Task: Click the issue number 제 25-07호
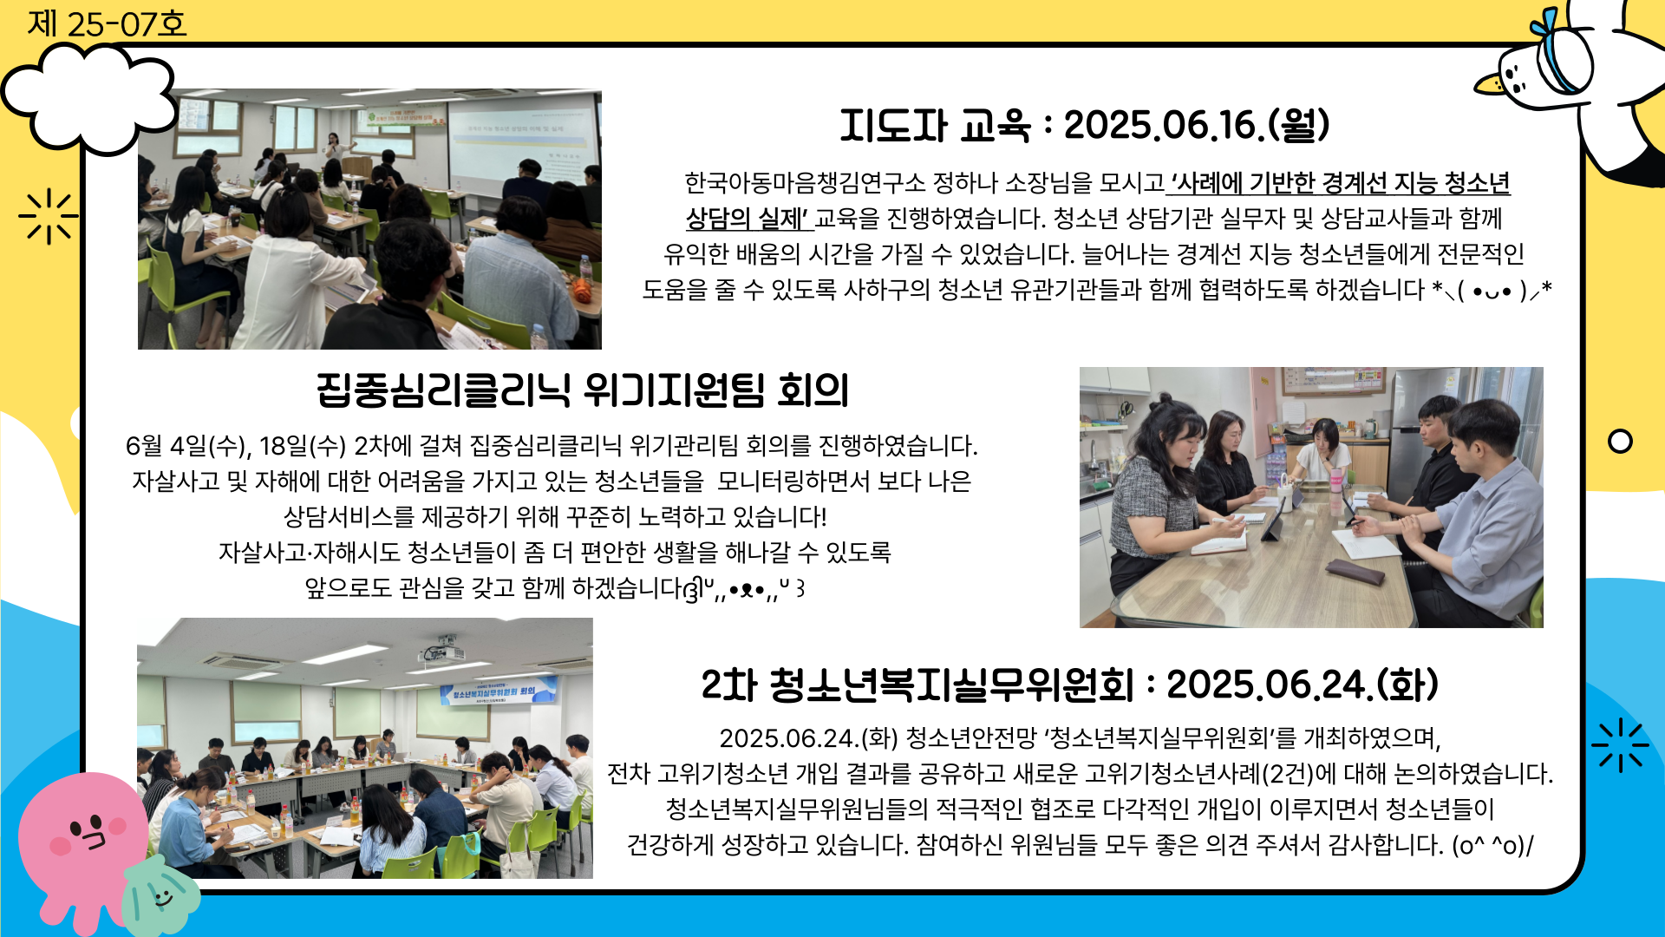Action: (107, 23)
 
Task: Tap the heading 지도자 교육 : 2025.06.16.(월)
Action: (1084, 126)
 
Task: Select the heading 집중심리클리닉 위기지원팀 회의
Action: (583, 390)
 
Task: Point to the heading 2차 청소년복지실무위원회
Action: (917, 685)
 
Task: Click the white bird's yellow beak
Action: (1490, 84)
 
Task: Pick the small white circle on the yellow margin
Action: (1620, 442)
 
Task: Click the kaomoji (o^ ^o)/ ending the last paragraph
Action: (1492, 845)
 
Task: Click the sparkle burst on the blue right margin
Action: (1619, 745)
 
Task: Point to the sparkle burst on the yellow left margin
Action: (49, 216)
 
